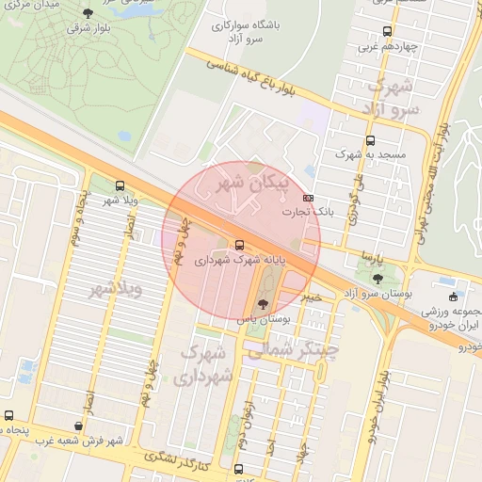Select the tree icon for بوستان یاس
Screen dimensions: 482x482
263,304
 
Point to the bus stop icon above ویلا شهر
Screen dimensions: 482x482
119,185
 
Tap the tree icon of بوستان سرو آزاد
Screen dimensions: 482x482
378,279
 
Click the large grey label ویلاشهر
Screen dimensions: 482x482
116,289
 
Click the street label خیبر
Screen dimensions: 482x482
312,296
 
